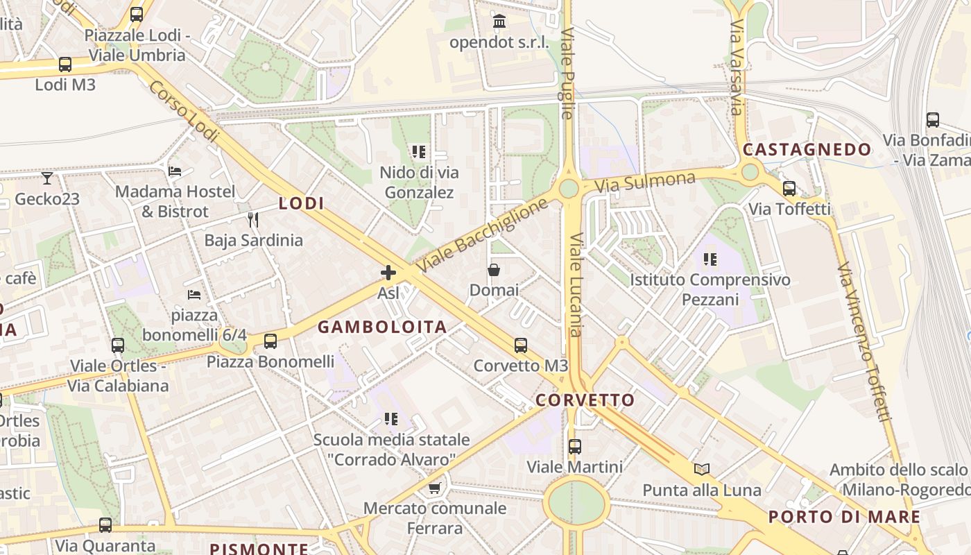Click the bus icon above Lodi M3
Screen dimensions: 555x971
coord(65,65)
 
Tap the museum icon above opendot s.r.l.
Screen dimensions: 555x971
coord(499,22)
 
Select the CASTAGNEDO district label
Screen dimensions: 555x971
coord(807,149)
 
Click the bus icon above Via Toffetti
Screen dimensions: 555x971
coord(789,189)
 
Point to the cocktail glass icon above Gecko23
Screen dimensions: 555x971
coord(46,178)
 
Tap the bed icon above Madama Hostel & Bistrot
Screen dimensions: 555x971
coord(175,171)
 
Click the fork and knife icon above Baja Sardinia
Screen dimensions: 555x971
coord(253,220)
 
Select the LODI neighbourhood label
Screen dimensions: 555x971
coord(301,203)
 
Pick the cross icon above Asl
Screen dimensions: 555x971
coord(388,273)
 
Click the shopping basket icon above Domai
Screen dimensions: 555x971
coord(494,269)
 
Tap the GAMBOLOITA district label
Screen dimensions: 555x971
coord(382,327)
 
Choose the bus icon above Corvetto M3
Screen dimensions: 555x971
coord(520,345)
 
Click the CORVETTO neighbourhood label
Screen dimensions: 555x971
coord(585,400)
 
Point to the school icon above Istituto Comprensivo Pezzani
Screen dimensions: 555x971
coord(710,259)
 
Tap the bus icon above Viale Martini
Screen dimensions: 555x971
coord(574,447)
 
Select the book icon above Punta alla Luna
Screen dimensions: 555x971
coord(702,470)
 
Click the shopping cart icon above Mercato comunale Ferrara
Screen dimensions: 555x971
coord(435,488)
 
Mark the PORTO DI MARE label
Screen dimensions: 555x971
coord(844,517)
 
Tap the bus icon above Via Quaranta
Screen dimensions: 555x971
coord(105,525)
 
